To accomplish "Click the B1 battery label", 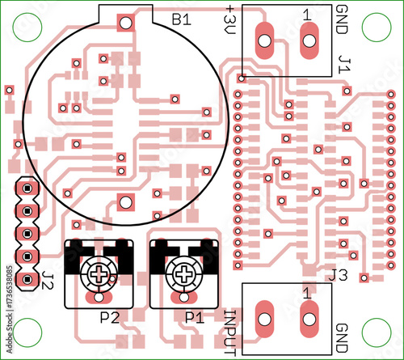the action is (x=182, y=19).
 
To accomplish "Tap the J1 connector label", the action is (x=344, y=65).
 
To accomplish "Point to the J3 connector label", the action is (x=338, y=275).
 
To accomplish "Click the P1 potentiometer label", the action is (x=195, y=318).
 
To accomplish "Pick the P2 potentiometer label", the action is (x=110, y=318).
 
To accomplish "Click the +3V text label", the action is (x=229, y=20).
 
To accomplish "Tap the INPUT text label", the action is (x=230, y=332).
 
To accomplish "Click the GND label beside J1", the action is (x=342, y=19).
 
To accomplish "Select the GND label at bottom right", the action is (x=342, y=338).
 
